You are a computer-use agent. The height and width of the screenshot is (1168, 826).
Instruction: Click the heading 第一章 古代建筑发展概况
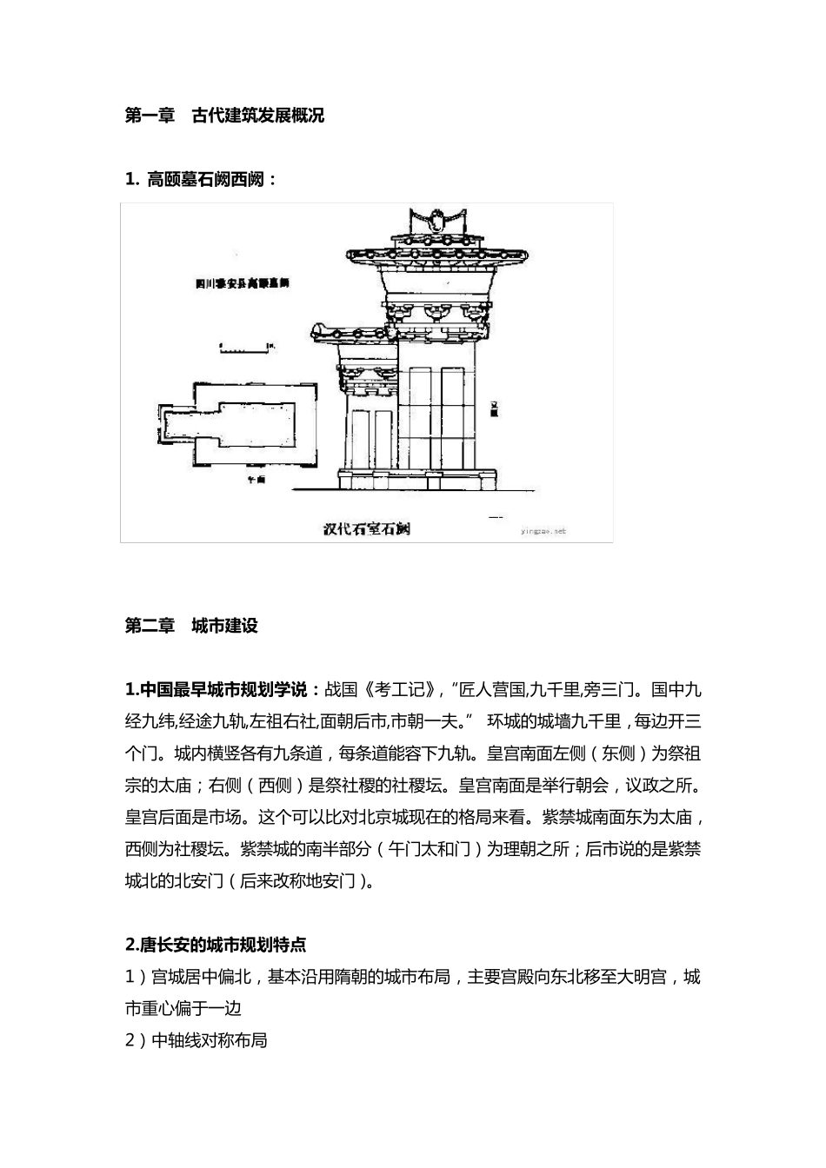pos(224,116)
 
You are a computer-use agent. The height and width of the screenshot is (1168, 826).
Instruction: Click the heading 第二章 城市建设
pos(191,626)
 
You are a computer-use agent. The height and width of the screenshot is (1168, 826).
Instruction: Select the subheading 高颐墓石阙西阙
pos(201,180)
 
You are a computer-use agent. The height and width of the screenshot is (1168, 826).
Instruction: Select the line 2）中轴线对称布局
pos(197,1040)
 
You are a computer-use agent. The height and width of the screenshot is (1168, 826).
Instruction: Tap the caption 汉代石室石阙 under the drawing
pos(366,528)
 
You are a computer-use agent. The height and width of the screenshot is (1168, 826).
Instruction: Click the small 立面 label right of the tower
pos(494,410)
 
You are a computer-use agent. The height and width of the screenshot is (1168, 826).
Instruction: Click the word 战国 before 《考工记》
pos(341,691)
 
